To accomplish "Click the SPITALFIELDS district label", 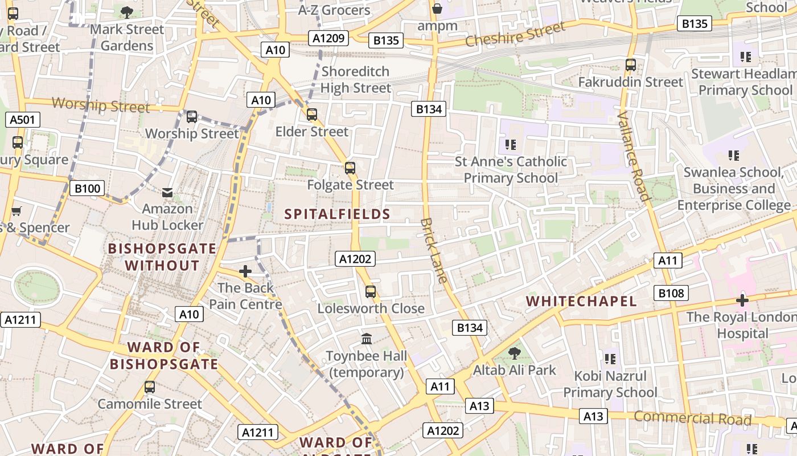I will tap(337, 214).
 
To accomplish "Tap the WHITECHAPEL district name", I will tap(581, 301).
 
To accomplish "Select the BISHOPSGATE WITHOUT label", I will tap(162, 257).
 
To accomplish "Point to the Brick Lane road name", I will tap(434, 251).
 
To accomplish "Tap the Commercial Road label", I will tap(692, 418).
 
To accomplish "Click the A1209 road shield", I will tap(328, 38).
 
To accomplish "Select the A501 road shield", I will tap(23, 120).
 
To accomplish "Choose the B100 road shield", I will tap(87, 188).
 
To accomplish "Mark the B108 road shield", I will tap(671, 293).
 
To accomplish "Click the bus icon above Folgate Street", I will tap(350, 168).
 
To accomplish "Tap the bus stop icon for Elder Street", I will tap(312, 115).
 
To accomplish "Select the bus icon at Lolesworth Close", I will tap(371, 292).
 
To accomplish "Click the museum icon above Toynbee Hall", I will tap(367, 339).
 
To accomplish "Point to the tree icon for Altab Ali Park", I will tap(514, 353).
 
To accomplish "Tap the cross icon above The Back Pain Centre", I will tap(245, 271).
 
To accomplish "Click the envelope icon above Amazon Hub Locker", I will tap(167, 193).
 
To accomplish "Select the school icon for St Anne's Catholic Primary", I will tap(510, 145).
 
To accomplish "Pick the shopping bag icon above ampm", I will tap(437, 9).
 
